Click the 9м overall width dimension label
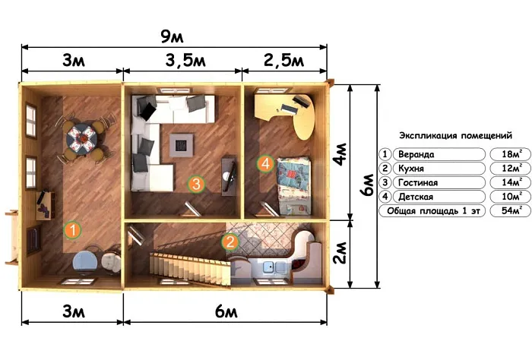pyautogui.click(x=172, y=36)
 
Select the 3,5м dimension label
pyautogui.click(x=185, y=60)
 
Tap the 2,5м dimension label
pyautogui.click(x=283, y=60)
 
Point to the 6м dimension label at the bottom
pyautogui.click(x=226, y=312)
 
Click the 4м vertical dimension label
pyautogui.click(x=340, y=153)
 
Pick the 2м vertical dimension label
pyautogui.click(x=340, y=253)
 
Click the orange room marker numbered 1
pyautogui.click(x=72, y=230)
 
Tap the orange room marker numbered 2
pyautogui.click(x=230, y=242)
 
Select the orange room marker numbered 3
pyautogui.click(x=196, y=184)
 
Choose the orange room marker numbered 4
pyautogui.click(x=265, y=164)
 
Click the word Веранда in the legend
pyautogui.click(x=416, y=155)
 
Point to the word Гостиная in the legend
pyautogui.click(x=418, y=183)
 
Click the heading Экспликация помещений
pyautogui.click(x=455, y=136)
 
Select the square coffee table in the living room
pyautogui.click(x=182, y=145)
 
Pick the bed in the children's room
pyautogui.click(x=294, y=186)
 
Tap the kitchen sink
pyautogui.click(x=271, y=267)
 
